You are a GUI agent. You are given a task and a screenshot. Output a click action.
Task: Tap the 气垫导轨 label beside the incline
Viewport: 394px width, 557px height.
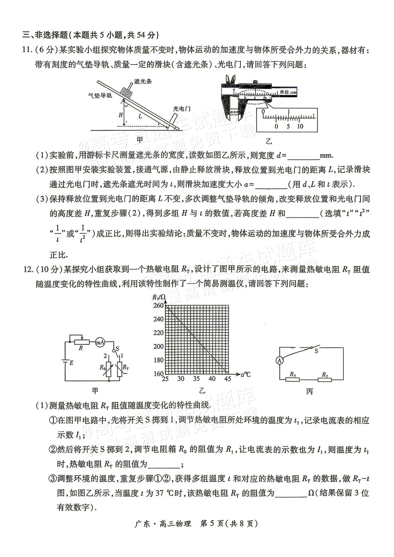100,96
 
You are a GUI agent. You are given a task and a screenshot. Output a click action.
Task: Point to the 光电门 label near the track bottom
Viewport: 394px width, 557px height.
182,109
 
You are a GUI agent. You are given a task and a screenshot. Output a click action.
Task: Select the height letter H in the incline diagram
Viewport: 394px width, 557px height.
121,115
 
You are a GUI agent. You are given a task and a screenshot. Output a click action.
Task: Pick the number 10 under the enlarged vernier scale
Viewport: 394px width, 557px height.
300,126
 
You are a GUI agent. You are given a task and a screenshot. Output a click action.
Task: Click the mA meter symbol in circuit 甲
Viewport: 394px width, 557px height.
100,343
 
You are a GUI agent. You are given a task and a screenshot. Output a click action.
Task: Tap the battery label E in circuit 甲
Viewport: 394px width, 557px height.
72,363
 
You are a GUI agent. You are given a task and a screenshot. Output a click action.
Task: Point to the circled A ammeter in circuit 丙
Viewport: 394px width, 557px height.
280,360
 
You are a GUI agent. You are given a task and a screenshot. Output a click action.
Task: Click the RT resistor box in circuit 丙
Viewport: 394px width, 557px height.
293,380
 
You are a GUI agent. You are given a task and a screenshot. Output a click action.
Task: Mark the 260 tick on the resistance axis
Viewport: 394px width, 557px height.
158,305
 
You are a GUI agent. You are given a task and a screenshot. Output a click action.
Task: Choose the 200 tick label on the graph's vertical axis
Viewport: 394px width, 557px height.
158,347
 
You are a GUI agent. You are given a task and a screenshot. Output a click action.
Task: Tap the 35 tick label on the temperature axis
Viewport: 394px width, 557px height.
196,379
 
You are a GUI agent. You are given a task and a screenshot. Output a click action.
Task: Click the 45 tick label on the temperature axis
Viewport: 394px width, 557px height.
228,379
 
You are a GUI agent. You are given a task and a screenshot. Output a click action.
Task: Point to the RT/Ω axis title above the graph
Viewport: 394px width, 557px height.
159,297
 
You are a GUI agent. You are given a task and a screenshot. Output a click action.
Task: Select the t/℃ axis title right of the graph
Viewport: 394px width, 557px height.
246,374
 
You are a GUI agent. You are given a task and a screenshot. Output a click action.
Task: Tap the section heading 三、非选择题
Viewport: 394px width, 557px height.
45,35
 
